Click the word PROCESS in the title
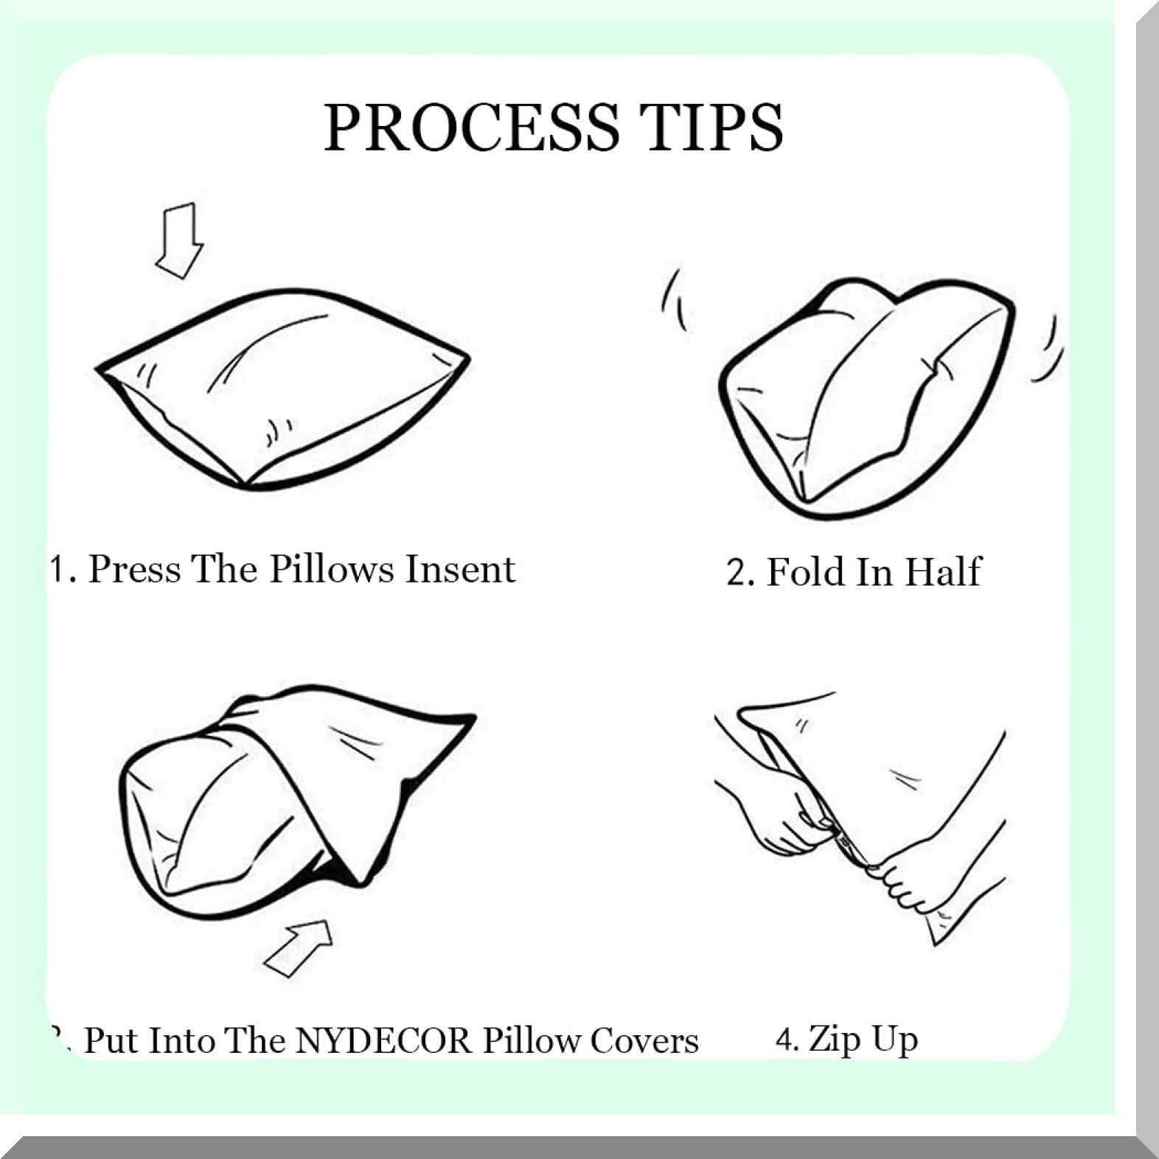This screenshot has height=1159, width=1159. [472, 127]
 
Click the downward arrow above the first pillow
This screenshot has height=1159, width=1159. [178, 240]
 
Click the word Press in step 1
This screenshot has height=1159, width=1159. [134, 568]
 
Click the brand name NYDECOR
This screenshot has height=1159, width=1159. [383, 1040]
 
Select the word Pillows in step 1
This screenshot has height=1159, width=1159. [331, 568]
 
